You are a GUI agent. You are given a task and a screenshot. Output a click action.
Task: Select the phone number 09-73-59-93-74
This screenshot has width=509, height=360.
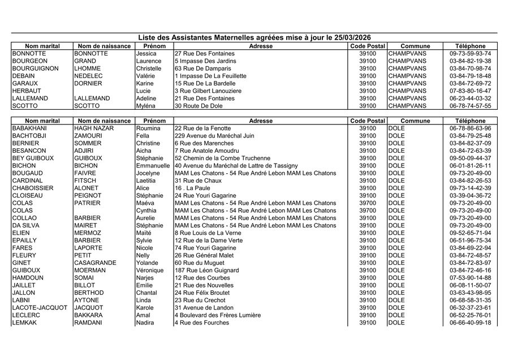[470, 54]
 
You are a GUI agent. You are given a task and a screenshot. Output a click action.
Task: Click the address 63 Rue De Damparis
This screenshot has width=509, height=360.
[203, 68]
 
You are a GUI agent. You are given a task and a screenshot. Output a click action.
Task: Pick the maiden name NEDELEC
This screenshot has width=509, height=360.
[88, 76]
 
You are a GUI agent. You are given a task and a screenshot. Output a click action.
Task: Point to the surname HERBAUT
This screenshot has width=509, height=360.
[26, 91]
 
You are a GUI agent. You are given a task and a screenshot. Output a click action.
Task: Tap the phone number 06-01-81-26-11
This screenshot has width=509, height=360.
[470, 166]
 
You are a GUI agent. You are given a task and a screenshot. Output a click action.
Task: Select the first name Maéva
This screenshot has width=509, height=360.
[145, 203]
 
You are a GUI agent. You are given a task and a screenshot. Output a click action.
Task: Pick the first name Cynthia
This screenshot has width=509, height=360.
[146, 211]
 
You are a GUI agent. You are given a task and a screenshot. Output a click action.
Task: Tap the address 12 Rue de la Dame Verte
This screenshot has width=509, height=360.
[209, 241]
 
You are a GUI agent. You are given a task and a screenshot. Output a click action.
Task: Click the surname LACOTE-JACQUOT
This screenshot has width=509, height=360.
[39, 308]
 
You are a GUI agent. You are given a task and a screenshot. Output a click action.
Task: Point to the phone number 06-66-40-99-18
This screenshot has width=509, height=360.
[470, 323]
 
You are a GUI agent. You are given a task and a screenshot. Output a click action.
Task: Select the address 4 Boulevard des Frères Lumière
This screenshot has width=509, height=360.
[218, 315]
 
